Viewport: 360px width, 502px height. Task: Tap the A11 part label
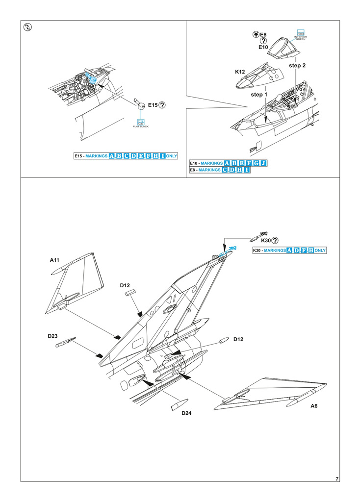54,260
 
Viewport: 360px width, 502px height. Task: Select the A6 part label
314,406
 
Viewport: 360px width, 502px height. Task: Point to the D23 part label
53,336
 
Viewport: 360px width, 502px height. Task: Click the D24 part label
186,413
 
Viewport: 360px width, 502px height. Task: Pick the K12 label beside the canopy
240,72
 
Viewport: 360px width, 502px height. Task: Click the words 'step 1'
259,94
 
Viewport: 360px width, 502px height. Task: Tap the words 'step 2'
297,65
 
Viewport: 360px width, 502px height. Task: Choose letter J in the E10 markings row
263,163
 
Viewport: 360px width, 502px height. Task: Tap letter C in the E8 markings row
225,170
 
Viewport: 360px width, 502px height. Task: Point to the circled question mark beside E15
162,104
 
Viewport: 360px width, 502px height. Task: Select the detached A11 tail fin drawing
76,284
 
